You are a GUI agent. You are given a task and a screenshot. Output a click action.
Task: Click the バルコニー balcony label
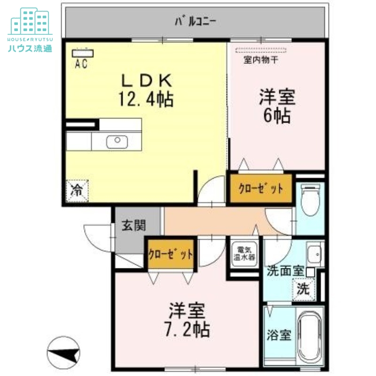pos(194,21)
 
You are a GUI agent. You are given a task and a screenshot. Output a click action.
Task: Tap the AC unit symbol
pos(83,53)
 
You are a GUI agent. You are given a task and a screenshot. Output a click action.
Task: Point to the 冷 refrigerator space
pos(75,190)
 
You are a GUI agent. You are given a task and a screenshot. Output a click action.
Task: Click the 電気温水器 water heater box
pos(245,254)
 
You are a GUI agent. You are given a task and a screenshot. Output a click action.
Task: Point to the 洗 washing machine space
pos(303,289)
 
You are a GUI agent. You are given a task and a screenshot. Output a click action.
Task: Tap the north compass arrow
pos(64,352)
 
